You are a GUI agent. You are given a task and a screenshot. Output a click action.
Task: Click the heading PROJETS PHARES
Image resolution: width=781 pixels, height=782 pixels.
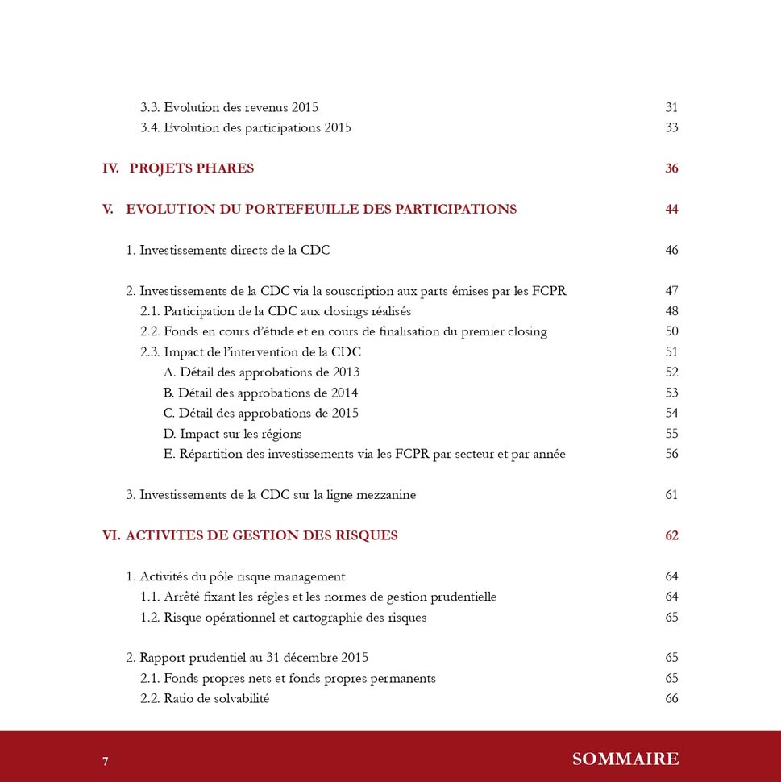pos(191,168)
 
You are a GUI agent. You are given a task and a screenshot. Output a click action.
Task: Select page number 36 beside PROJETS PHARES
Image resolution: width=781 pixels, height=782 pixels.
pos(671,168)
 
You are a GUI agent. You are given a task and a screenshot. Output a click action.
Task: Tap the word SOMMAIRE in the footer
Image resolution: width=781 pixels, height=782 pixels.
pos(625,759)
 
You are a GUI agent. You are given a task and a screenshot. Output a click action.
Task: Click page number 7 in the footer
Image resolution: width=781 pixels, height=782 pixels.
pos(106,761)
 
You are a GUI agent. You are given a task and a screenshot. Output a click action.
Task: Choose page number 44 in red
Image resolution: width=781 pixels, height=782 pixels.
pos(671,210)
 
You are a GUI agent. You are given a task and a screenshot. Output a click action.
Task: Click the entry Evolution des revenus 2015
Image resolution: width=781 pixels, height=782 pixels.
pos(229,107)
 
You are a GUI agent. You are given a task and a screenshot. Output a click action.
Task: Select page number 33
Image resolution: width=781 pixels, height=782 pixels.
pos(671,127)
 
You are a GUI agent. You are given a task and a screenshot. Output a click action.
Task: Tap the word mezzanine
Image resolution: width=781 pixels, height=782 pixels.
pos(384,495)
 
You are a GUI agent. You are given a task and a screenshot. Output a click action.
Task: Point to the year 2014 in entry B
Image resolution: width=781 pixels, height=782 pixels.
pos(344,393)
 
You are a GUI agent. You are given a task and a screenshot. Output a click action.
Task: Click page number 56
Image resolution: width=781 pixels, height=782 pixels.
pos(671,454)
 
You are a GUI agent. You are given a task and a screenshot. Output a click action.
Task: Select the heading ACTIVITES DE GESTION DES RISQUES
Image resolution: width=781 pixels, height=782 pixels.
pos(261,536)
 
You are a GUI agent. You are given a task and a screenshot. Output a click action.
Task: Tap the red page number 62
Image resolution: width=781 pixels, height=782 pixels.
pos(671,536)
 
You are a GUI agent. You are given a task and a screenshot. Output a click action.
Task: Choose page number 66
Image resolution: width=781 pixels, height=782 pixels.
pos(671,699)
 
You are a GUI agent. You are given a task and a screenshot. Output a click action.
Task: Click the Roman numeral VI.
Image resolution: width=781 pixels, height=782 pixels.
pos(110,536)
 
